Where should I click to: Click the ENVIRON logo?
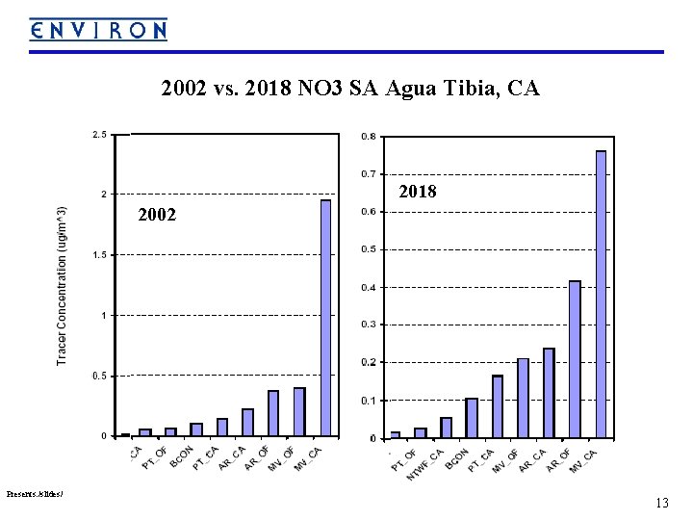click(97, 30)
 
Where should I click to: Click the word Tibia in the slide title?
click(461, 90)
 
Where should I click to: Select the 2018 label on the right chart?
click(417, 193)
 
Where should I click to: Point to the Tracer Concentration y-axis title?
click(62, 285)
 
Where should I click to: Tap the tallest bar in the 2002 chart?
click(325, 318)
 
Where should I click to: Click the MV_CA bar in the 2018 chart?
click(601, 294)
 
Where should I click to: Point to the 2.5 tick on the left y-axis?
click(99, 135)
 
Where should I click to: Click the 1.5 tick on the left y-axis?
click(99, 255)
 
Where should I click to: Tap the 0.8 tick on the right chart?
click(369, 137)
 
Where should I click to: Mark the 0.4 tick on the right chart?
click(369, 287)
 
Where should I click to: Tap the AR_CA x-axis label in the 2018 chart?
click(533, 461)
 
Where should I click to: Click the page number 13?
click(661, 503)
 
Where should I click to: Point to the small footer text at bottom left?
click(35, 494)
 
